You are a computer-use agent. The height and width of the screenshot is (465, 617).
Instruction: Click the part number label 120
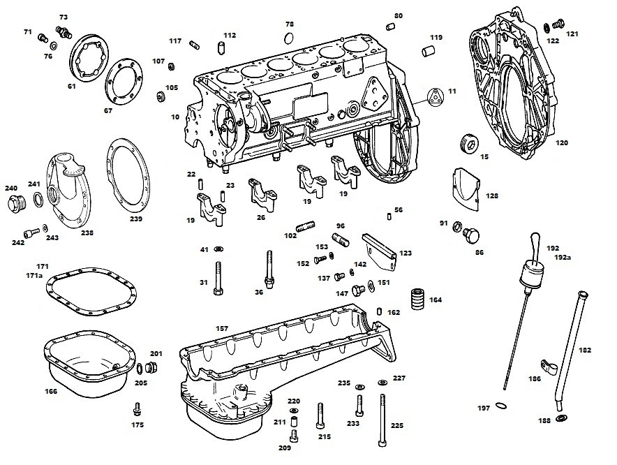(562, 143)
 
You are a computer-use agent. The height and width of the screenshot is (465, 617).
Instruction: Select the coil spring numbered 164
(419, 300)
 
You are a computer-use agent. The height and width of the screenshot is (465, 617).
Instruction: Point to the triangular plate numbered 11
(436, 96)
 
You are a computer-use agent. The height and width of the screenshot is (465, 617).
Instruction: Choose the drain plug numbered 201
(151, 367)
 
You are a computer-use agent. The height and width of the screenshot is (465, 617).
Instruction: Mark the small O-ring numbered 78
(288, 38)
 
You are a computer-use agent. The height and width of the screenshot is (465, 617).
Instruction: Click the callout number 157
(222, 328)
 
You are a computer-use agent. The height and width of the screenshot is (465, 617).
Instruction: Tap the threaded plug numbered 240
(17, 203)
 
